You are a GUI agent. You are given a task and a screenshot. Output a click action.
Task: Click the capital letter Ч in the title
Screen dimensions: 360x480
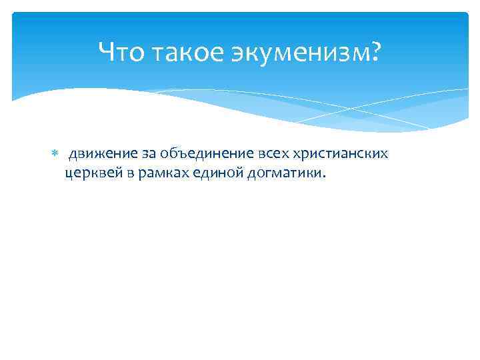click(107, 51)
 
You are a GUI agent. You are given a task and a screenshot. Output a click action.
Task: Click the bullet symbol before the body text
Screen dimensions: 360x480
click(55, 155)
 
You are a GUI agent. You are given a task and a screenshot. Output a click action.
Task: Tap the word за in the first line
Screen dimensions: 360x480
click(147, 155)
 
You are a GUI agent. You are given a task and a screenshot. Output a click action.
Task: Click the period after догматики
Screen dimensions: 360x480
click(325, 177)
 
